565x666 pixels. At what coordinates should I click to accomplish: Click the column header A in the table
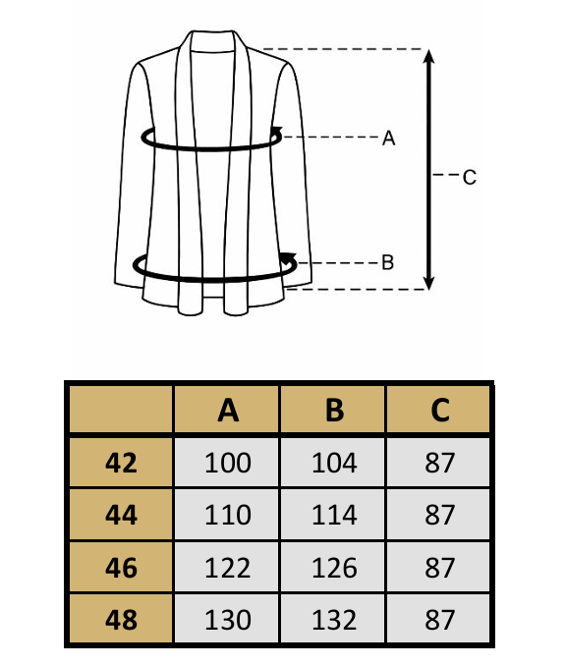pyautogui.click(x=227, y=410)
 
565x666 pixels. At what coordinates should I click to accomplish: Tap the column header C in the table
pyautogui.click(x=439, y=410)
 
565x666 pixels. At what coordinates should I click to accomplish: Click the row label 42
pyautogui.click(x=121, y=462)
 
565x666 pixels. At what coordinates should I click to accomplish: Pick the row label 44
pyautogui.click(x=121, y=515)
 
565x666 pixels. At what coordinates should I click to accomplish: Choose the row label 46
pyautogui.click(x=121, y=567)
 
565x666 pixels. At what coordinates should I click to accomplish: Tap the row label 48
pyautogui.click(x=121, y=619)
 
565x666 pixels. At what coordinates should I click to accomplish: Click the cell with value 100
pyautogui.click(x=227, y=462)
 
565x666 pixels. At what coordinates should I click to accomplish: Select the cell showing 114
pyautogui.click(x=333, y=515)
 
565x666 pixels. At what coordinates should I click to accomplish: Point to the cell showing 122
pyautogui.click(x=227, y=567)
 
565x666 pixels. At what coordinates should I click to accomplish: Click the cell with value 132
pyautogui.click(x=333, y=619)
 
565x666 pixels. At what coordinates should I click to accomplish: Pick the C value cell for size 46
pyautogui.click(x=439, y=567)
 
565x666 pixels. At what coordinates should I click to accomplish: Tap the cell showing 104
pyautogui.click(x=333, y=462)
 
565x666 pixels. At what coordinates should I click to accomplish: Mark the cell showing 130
pyautogui.click(x=227, y=619)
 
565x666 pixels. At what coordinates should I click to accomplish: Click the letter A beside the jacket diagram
pyautogui.click(x=389, y=139)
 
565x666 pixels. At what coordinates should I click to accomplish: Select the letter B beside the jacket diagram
pyautogui.click(x=387, y=262)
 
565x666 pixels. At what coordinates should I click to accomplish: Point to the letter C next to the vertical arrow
pyautogui.click(x=470, y=177)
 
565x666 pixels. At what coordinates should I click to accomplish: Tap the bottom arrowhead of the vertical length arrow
pyautogui.click(x=429, y=283)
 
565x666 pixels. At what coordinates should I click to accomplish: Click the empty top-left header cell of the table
pyautogui.click(x=121, y=410)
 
